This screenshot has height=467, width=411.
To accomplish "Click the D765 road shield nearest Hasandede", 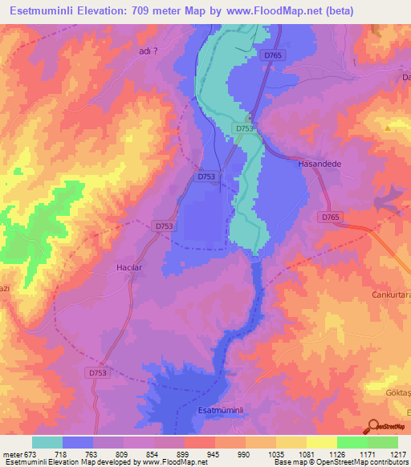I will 328,217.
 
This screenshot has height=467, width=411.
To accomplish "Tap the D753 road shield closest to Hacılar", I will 164,227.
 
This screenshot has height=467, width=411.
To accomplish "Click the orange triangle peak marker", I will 388,127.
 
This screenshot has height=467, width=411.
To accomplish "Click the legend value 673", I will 31,453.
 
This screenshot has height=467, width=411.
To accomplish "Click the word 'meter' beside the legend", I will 12,453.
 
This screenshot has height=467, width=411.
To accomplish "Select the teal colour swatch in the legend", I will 47,442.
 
